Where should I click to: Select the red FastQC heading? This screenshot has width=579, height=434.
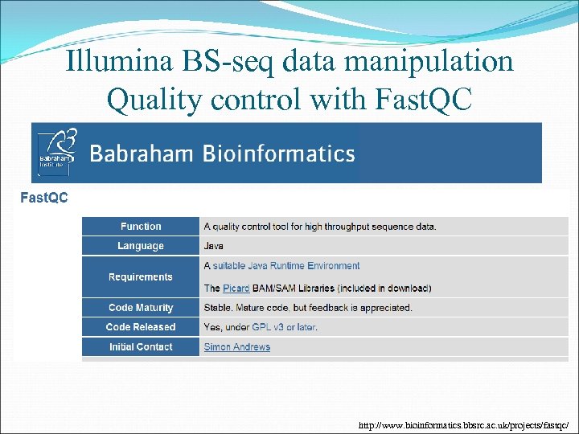[x=44, y=198]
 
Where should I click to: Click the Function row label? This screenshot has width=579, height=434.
[x=141, y=227]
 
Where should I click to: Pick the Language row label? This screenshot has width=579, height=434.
[x=141, y=246]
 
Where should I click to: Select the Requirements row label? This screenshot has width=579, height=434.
[x=141, y=277]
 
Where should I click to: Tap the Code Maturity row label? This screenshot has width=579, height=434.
[x=141, y=308]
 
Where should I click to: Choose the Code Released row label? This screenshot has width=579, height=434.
[x=141, y=327]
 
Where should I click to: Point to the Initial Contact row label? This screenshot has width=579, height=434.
[x=141, y=347]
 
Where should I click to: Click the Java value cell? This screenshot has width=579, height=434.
[x=214, y=246]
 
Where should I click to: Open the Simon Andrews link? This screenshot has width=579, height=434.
[x=237, y=347]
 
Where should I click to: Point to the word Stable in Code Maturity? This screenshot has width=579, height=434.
[x=219, y=308]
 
